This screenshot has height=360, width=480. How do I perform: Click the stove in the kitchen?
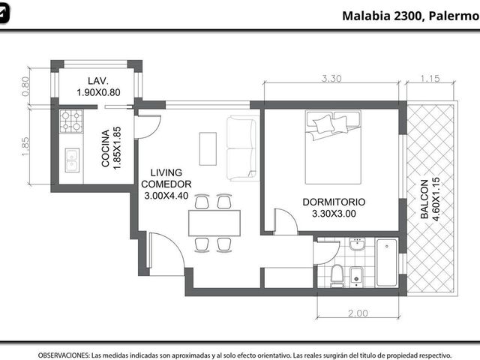[x=71, y=121]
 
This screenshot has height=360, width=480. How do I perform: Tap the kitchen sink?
[x=72, y=160]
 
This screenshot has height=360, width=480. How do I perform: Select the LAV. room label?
[x=98, y=81]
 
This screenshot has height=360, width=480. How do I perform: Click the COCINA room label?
[x=105, y=148]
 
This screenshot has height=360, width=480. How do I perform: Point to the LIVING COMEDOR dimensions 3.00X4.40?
[x=166, y=196]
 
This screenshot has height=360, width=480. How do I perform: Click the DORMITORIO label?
[x=334, y=202]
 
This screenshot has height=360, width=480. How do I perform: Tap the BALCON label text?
[x=424, y=199]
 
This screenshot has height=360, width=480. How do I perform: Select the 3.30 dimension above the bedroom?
[x=331, y=79]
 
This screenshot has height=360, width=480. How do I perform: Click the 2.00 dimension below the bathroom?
[x=358, y=313]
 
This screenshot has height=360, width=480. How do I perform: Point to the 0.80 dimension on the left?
[x=25, y=86]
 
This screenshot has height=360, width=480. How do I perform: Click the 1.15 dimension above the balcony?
[x=430, y=79]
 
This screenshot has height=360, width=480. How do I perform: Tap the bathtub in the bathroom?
[x=387, y=262]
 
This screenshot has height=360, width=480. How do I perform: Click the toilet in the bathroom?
[x=337, y=275]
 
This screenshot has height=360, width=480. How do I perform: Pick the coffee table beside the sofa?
[x=208, y=148]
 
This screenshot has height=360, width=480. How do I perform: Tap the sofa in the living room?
[x=241, y=148]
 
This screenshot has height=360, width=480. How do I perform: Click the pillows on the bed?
[x=330, y=124]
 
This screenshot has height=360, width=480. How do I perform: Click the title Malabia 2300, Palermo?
[x=411, y=16]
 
